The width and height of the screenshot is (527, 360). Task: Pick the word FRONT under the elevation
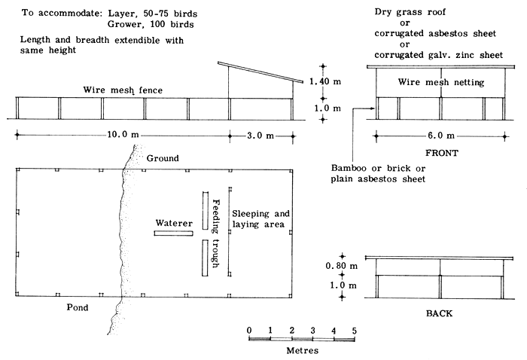440,152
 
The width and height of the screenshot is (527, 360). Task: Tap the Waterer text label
175,223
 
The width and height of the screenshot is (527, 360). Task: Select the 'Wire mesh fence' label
122,90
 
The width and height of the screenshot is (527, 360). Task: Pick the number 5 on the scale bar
354,330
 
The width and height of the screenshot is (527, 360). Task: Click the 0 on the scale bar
248,330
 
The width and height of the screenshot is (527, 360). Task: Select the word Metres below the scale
301,350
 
